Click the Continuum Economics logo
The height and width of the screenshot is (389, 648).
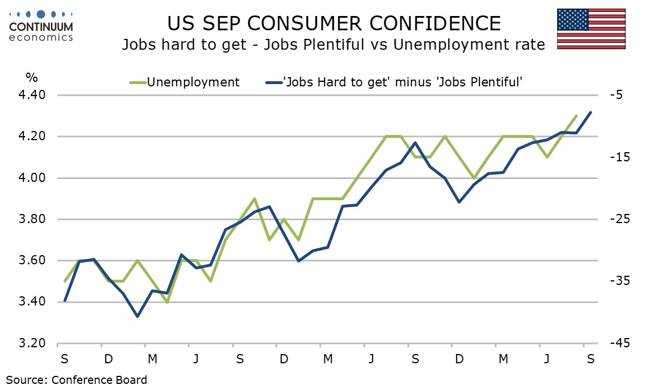tap(41, 26)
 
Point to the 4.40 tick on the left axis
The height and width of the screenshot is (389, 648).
tap(32, 96)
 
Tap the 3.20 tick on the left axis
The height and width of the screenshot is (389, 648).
tap(32, 344)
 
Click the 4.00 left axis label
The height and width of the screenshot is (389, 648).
tap(32, 178)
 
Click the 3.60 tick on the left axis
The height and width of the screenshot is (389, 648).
tap(32, 261)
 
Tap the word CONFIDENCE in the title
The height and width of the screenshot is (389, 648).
tap(425, 23)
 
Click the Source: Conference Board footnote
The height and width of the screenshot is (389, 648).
tap(77, 379)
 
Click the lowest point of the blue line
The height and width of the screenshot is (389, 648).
tap(137, 316)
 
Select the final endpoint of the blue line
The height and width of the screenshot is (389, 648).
tap(590, 112)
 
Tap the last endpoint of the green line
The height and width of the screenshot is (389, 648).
tap(576, 116)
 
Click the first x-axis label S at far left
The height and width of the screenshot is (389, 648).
tap(65, 359)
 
